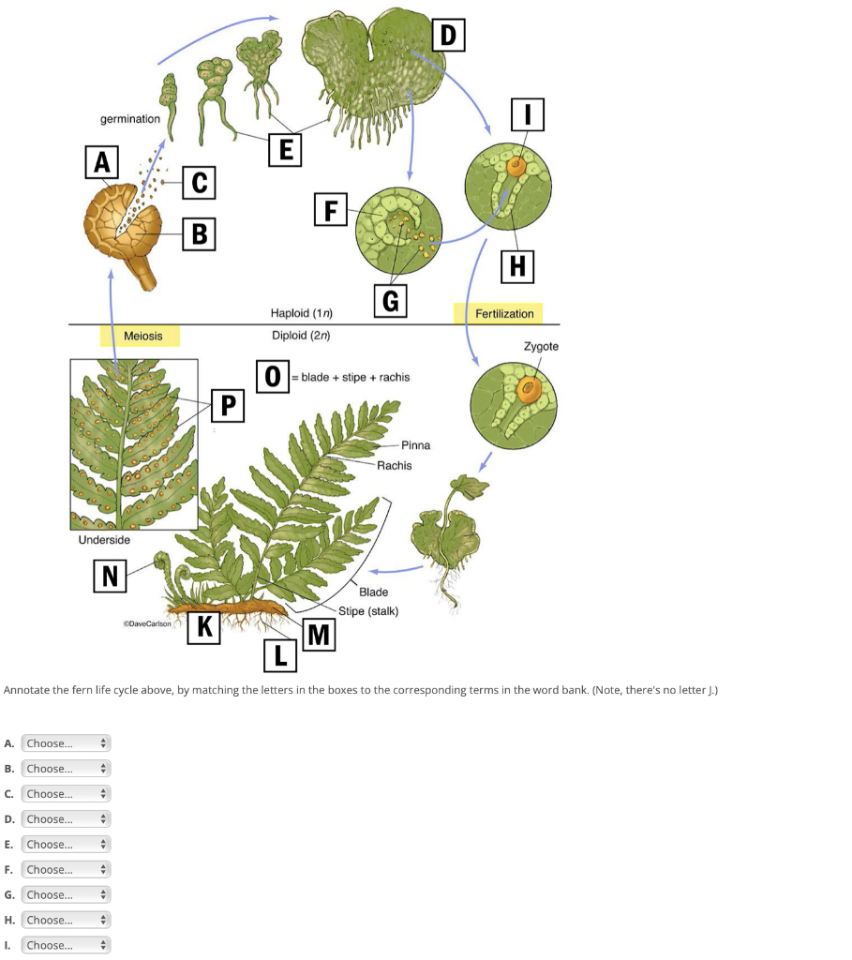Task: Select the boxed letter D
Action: (x=448, y=35)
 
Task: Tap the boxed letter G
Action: (x=390, y=301)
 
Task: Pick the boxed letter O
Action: (x=272, y=376)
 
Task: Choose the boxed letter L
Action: (x=279, y=654)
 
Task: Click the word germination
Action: (x=130, y=119)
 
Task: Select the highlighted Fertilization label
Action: (x=504, y=313)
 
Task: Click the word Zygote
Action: (x=541, y=346)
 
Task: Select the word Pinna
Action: (x=415, y=445)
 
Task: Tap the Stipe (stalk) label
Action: (x=368, y=611)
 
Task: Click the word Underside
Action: (x=104, y=540)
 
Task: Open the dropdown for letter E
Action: (x=66, y=845)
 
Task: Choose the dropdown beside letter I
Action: (x=66, y=945)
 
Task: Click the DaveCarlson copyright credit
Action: (x=147, y=622)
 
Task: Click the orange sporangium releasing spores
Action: (x=121, y=223)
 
